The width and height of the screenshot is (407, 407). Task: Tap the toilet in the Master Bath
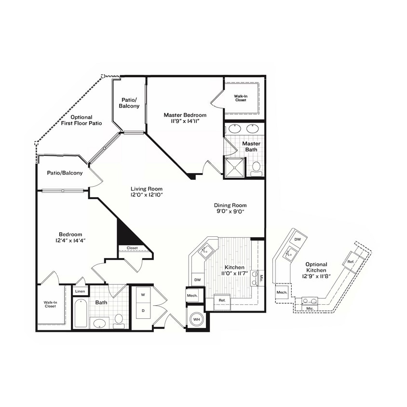[x=256, y=168]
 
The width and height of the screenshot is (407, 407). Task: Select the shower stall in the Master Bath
[x=235, y=167]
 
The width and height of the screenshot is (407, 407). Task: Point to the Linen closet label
[x=80, y=291]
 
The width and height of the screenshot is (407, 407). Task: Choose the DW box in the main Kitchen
[x=197, y=279]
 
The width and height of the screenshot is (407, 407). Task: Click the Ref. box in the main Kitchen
[x=222, y=300]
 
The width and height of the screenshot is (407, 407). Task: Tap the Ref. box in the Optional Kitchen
[x=351, y=261]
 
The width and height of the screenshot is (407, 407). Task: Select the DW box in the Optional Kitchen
[x=298, y=239]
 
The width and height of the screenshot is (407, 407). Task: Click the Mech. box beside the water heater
[x=192, y=295]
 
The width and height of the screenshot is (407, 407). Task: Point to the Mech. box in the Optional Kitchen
[x=282, y=292]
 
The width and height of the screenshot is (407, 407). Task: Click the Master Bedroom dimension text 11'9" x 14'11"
[x=185, y=122]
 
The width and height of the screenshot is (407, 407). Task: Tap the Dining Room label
[x=230, y=205]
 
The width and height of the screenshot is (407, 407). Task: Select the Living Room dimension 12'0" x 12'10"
[x=147, y=195]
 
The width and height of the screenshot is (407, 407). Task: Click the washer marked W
[x=143, y=294]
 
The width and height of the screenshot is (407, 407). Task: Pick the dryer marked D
[x=143, y=311]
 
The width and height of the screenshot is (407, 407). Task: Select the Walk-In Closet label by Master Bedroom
[x=241, y=98]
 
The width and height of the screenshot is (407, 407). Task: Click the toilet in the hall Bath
[x=118, y=320]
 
